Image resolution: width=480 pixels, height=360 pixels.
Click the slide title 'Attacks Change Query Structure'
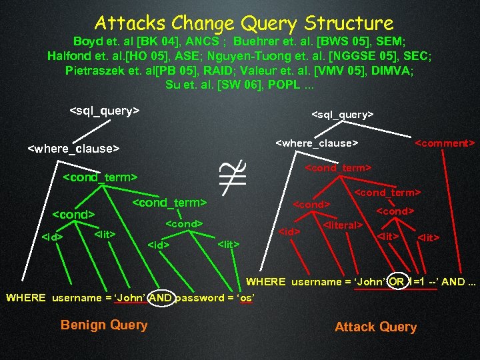click(x=244, y=23)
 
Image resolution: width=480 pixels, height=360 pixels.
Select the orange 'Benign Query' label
click(x=104, y=325)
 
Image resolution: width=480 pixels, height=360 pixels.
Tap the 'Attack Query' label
click(x=375, y=327)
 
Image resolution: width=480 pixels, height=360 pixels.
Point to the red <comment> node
click(x=445, y=143)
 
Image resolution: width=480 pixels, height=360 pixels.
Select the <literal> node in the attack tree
click(x=342, y=225)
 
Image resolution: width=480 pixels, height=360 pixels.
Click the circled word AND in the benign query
click(x=161, y=298)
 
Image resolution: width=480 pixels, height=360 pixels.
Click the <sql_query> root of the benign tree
click(x=105, y=111)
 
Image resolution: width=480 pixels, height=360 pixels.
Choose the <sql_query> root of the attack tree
click(x=342, y=115)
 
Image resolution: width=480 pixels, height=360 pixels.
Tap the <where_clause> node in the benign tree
click(x=73, y=148)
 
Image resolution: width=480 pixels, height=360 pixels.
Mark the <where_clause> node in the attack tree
click(x=317, y=143)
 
